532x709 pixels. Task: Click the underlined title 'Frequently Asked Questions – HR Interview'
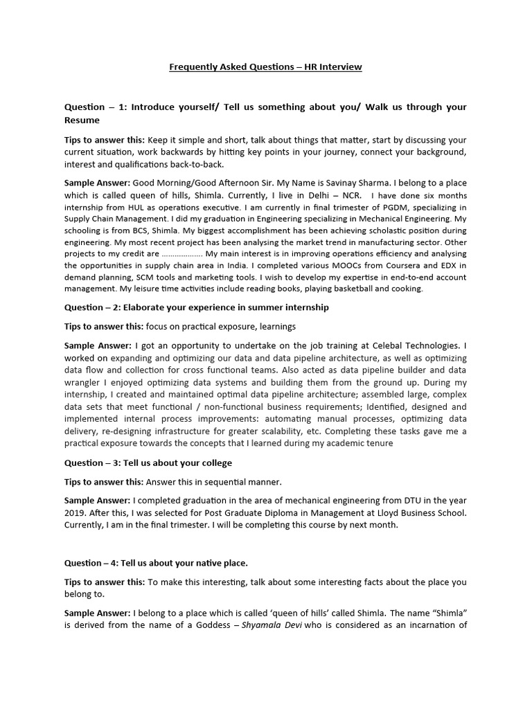click(266, 67)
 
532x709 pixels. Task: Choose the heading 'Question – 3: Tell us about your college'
click(148, 463)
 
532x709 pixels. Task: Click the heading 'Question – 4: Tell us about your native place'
click(156, 562)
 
